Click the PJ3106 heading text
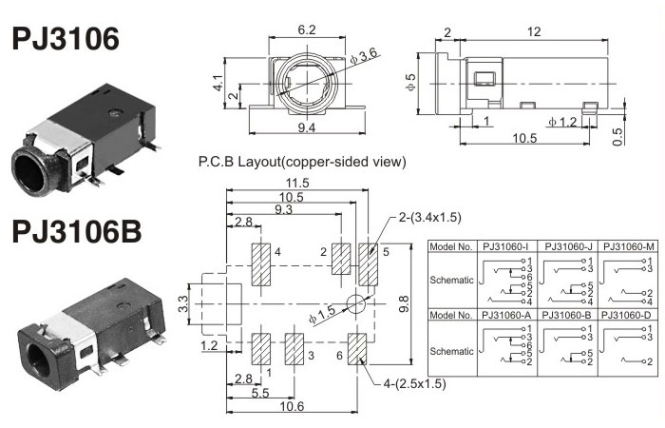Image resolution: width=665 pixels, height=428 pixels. [x=66, y=39]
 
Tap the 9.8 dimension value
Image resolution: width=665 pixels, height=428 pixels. [x=406, y=305]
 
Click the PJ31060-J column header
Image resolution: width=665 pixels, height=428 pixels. [x=570, y=247]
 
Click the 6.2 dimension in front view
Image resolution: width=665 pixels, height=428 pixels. [x=306, y=30]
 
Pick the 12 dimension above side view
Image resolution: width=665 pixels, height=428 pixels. [x=534, y=31]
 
